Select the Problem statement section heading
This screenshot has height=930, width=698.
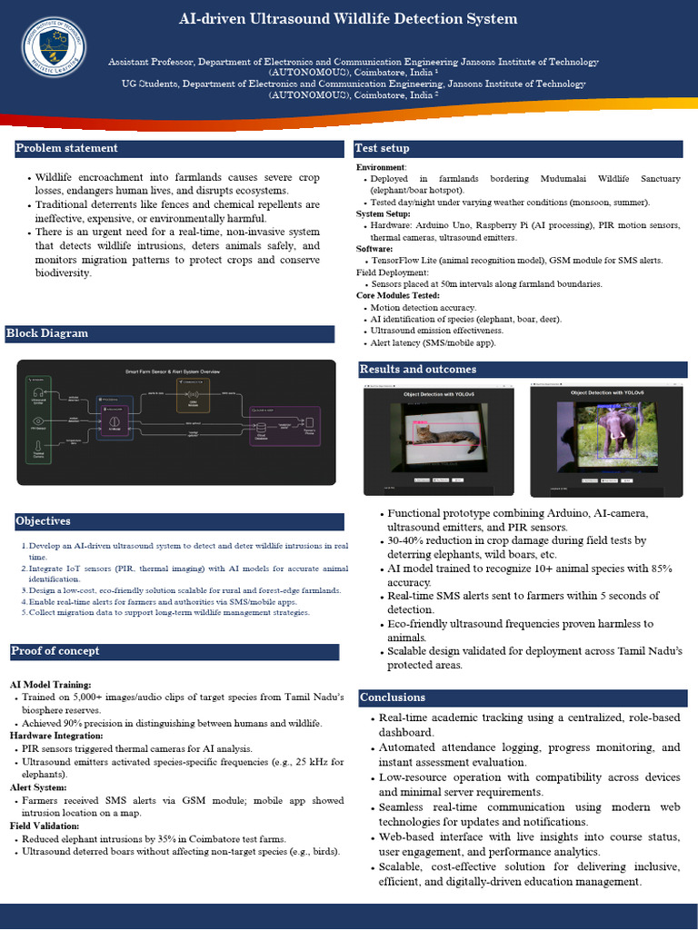pyautogui.click(x=67, y=148)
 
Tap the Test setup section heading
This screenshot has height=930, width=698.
pyautogui.click(x=382, y=148)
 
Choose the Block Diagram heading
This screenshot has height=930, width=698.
pyautogui.click(x=47, y=333)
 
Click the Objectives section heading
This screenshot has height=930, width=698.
pyautogui.click(x=43, y=521)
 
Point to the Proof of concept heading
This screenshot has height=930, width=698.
pyautogui.click(x=56, y=651)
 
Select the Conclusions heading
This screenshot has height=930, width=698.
pyautogui.click(x=393, y=697)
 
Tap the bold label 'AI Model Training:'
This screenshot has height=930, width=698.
pyautogui.click(x=51, y=684)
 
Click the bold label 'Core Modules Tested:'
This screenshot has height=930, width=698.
pyautogui.click(x=398, y=295)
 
